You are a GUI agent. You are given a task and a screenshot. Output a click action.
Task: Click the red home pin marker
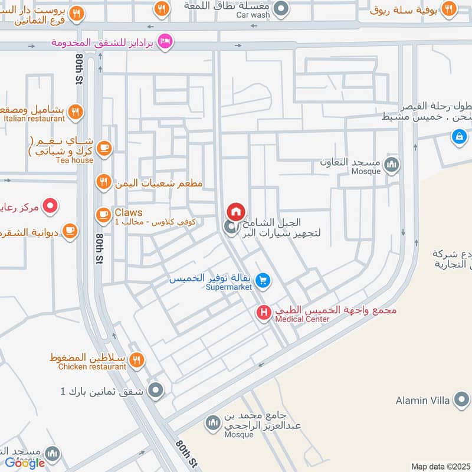tap(235, 211)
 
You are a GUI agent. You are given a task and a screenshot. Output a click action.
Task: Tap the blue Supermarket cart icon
tap(264, 280)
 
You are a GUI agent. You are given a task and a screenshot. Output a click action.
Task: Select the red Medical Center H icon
tap(264, 312)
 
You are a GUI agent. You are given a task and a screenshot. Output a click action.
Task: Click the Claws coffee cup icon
tap(104, 217)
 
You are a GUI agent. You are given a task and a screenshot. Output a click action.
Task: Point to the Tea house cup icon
tap(104, 149)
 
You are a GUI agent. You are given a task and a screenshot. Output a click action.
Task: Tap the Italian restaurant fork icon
tap(74, 112)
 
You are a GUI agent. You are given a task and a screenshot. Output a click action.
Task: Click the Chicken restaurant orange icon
tap(136, 360)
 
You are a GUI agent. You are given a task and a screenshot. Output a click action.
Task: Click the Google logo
tap(25, 463)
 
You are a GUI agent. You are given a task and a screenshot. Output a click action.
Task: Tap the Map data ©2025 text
tap(440, 467)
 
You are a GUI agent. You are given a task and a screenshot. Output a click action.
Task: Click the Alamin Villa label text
tap(422, 401)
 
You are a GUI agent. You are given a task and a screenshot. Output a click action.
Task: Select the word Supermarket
tap(228, 287)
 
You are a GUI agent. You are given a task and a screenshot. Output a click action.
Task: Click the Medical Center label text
tap(302, 319)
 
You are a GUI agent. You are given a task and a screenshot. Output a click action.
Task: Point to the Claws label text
tap(129, 212)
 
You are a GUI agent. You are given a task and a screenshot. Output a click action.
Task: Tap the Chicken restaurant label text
tap(92, 367)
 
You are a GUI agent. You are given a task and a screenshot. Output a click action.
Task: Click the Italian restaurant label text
tap(34, 119)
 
